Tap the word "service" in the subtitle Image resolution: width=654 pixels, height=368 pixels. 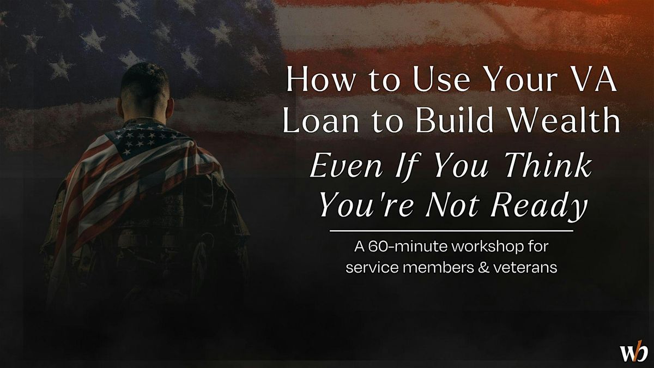click(x=371, y=268)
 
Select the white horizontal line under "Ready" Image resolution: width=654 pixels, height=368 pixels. click(x=451, y=231)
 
